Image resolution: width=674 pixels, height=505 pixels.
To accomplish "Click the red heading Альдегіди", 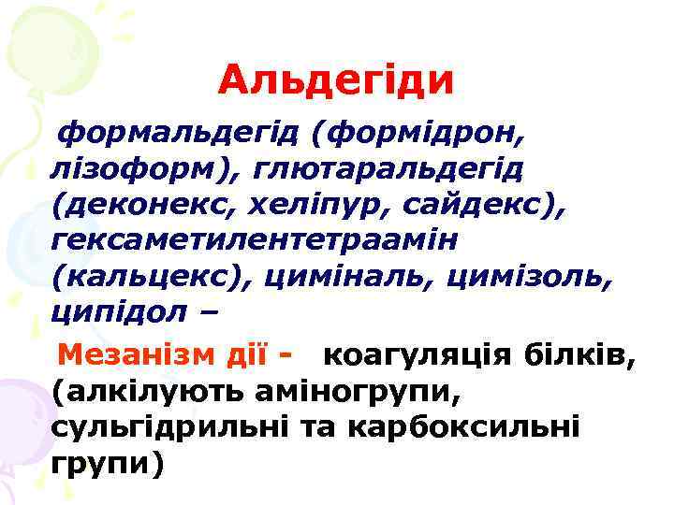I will click(336, 81).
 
